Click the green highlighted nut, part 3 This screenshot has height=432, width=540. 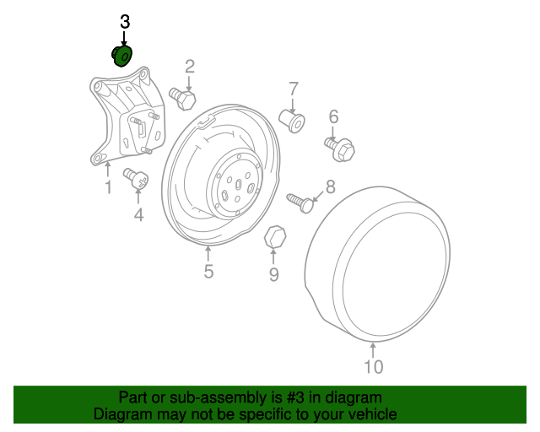[x=121, y=56]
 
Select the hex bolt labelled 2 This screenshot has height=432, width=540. [x=183, y=99]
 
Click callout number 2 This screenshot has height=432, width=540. [x=190, y=66]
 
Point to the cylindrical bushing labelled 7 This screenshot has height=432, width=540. [x=293, y=121]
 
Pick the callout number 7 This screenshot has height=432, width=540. [x=294, y=88]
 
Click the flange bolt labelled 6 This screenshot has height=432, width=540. [x=340, y=149]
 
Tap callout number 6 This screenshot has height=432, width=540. [x=333, y=116]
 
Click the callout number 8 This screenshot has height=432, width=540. [x=330, y=187]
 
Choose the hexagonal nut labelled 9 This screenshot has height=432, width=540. [x=274, y=237]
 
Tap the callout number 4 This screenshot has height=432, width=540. [x=138, y=216]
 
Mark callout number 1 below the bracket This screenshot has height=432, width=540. [x=108, y=187]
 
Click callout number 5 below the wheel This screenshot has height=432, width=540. [x=208, y=272]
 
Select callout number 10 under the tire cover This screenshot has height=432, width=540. [x=373, y=366]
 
